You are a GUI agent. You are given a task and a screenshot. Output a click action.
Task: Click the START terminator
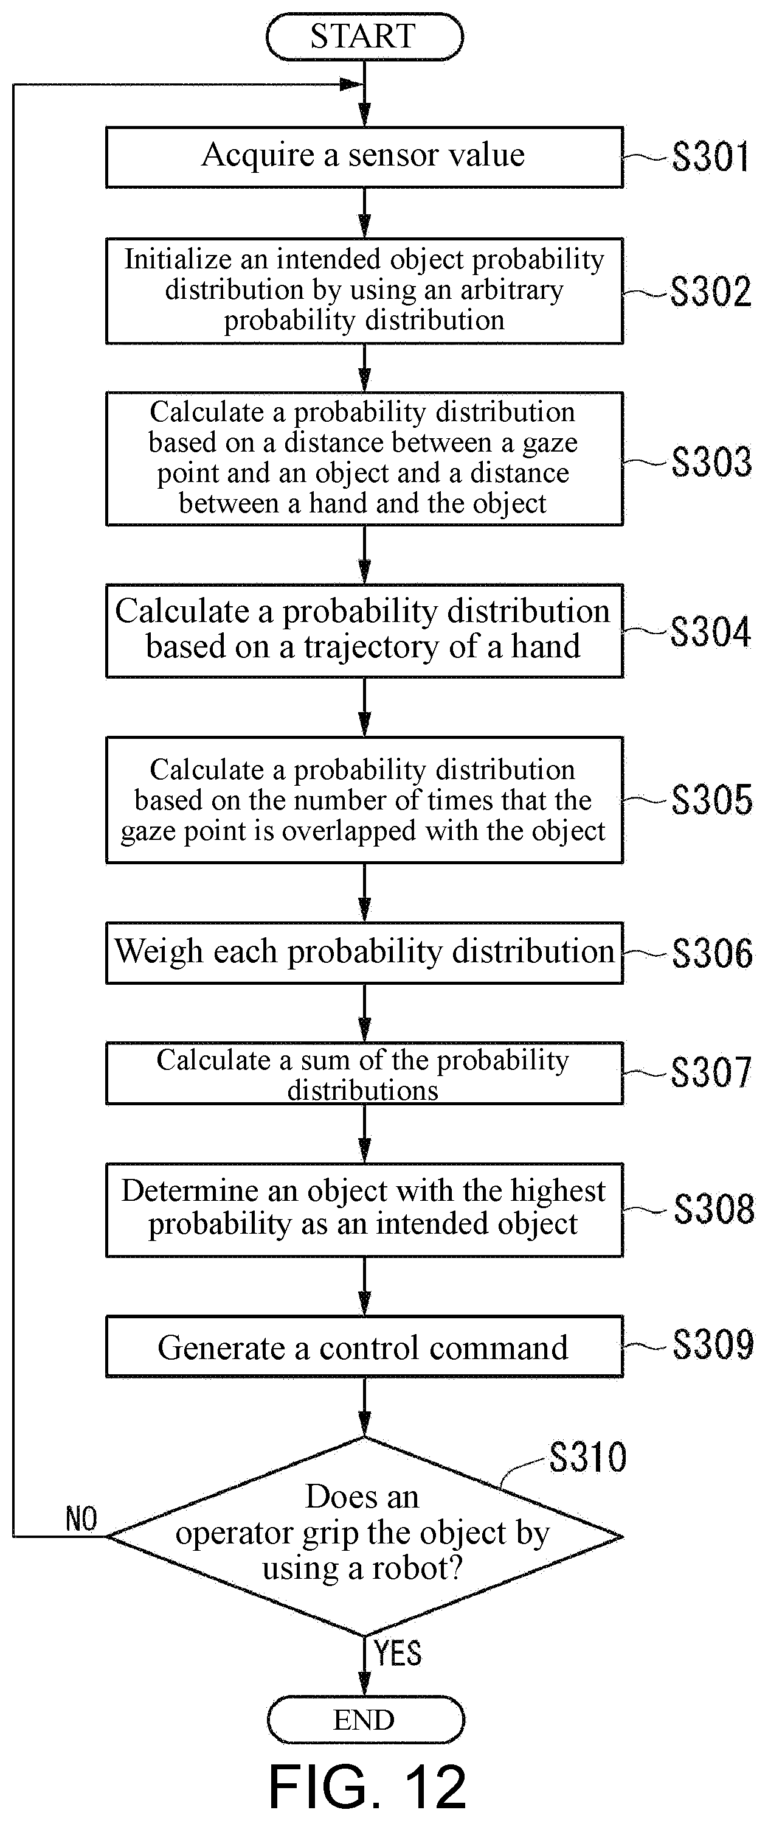tap(365, 36)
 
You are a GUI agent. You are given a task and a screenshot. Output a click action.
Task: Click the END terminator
tap(366, 1719)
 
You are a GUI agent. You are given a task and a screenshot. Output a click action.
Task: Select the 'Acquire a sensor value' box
tap(365, 157)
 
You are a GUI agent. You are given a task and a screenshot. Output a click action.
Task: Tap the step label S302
tap(710, 292)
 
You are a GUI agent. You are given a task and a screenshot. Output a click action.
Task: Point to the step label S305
tap(711, 800)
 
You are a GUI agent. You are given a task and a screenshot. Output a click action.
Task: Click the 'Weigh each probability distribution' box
tap(365, 952)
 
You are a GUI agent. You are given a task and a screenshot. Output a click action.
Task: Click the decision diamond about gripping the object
tap(365, 1536)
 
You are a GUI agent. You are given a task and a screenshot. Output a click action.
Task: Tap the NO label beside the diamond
tap(81, 1519)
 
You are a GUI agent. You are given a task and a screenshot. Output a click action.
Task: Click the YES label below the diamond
tap(398, 1653)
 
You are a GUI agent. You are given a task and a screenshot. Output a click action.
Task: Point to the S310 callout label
tap(588, 1458)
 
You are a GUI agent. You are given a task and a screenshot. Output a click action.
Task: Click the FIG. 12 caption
tap(367, 1786)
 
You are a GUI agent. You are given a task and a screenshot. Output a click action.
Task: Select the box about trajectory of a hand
tap(365, 631)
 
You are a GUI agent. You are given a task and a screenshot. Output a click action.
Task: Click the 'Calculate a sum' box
tap(365, 1073)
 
